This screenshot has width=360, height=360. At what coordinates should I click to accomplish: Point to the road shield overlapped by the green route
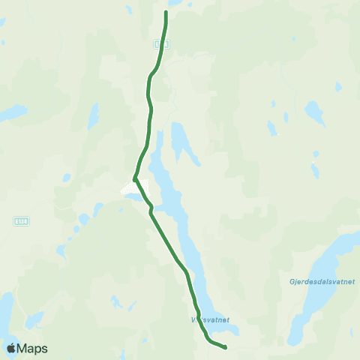[x=163, y=44]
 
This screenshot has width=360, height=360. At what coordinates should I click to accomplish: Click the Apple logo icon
[x=11, y=348]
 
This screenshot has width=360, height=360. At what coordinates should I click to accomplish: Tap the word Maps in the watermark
[x=33, y=348]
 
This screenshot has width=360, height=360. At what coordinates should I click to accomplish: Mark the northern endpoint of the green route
[x=166, y=12]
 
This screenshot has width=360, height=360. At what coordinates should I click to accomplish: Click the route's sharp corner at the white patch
[x=134, y=178]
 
